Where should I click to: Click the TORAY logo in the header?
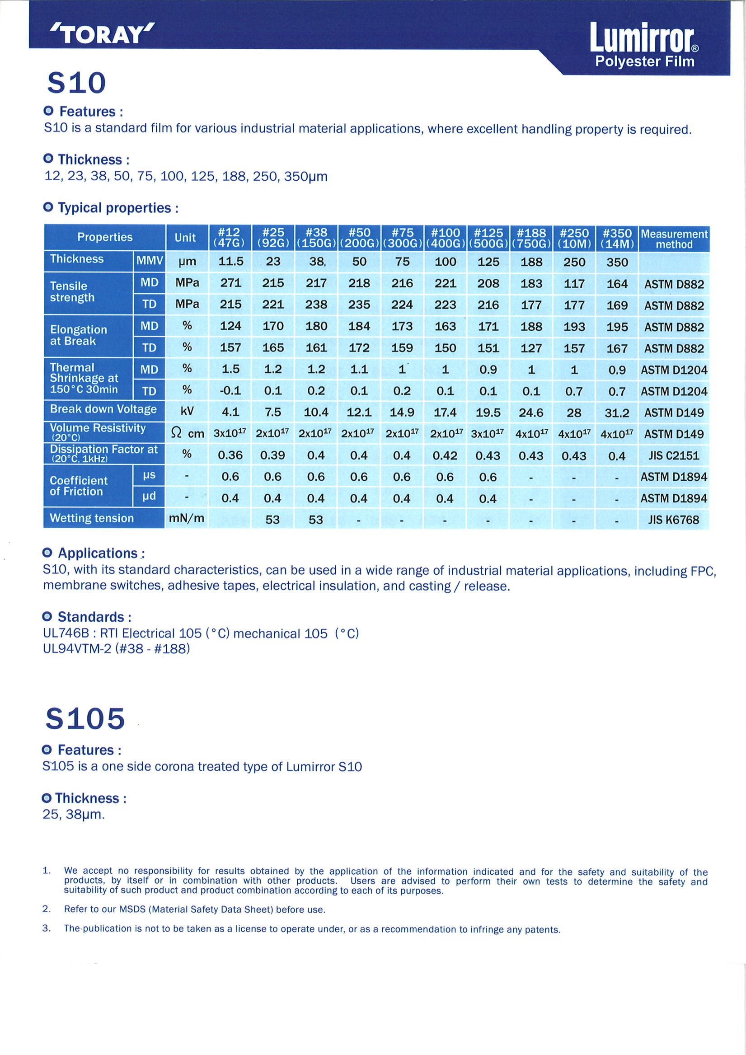102,34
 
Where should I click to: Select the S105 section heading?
85,718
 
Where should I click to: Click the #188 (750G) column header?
531,238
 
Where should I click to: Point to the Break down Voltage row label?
103,409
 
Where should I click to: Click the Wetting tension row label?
92,518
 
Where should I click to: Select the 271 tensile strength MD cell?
230,283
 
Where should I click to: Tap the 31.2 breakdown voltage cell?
617,413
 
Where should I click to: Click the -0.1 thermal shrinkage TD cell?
230,391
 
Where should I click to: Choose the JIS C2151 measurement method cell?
674,456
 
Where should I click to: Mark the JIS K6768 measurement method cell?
674,520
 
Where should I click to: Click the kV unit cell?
187,411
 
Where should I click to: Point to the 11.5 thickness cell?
230,262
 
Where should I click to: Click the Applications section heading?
98,553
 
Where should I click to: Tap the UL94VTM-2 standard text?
77,649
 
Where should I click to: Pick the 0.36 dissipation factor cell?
230,455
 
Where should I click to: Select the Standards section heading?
90,617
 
